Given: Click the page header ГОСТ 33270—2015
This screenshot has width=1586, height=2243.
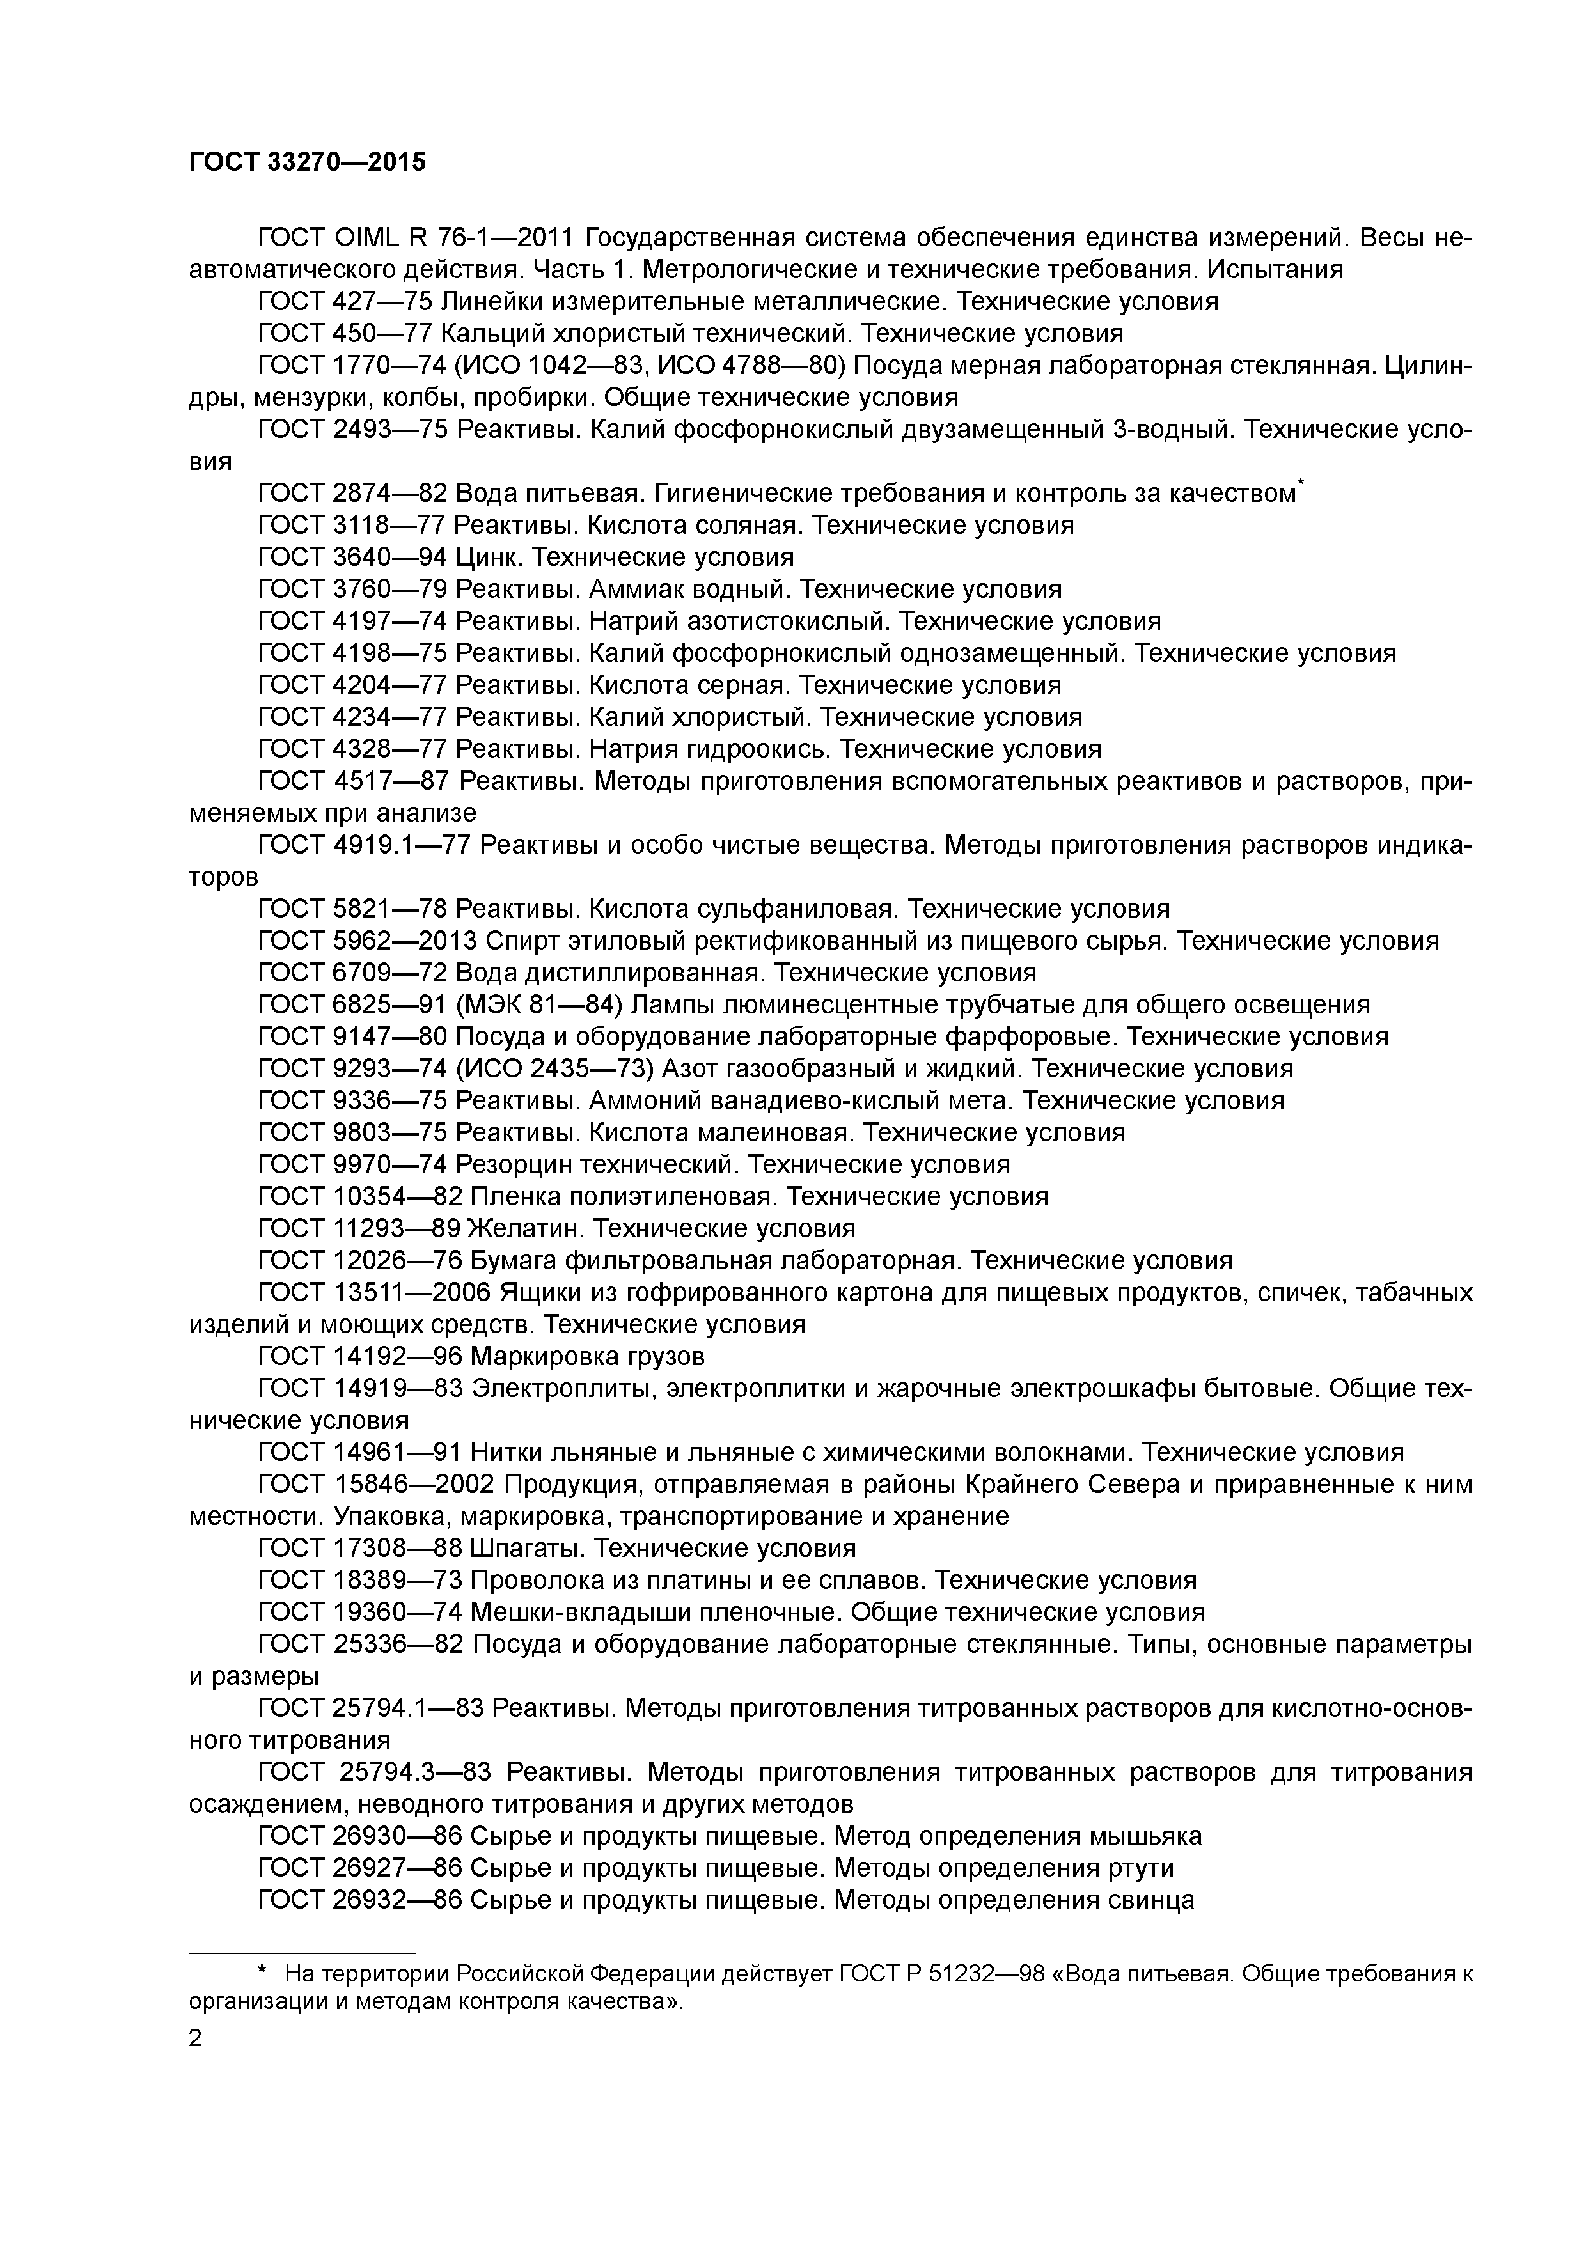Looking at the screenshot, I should [307, 162].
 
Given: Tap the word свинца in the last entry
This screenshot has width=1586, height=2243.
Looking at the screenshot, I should [1152, 1900].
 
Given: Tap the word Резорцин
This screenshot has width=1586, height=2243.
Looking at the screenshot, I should [513, 1164].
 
